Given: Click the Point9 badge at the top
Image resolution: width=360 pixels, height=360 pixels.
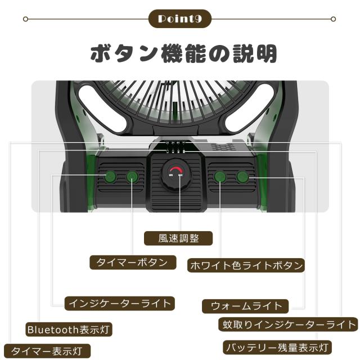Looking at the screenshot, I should [x=180, y=19].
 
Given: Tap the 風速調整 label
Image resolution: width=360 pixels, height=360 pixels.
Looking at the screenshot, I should [x=179, y=238].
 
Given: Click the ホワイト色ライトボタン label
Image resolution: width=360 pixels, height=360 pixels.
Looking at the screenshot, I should [x=245, y=265].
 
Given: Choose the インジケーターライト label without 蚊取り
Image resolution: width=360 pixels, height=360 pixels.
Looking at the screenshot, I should [x=119, y=303].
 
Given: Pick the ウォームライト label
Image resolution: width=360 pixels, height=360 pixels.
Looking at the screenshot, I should [x=245, y=306].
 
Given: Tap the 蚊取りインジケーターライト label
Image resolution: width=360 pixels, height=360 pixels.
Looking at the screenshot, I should [x=287, y=325].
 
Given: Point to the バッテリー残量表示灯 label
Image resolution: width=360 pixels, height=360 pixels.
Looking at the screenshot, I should [x=276, y=347].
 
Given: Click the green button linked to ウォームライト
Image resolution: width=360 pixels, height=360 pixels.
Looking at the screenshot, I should [x=242, y=177].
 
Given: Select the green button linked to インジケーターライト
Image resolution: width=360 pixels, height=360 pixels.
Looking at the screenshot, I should [x=110, y=177].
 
